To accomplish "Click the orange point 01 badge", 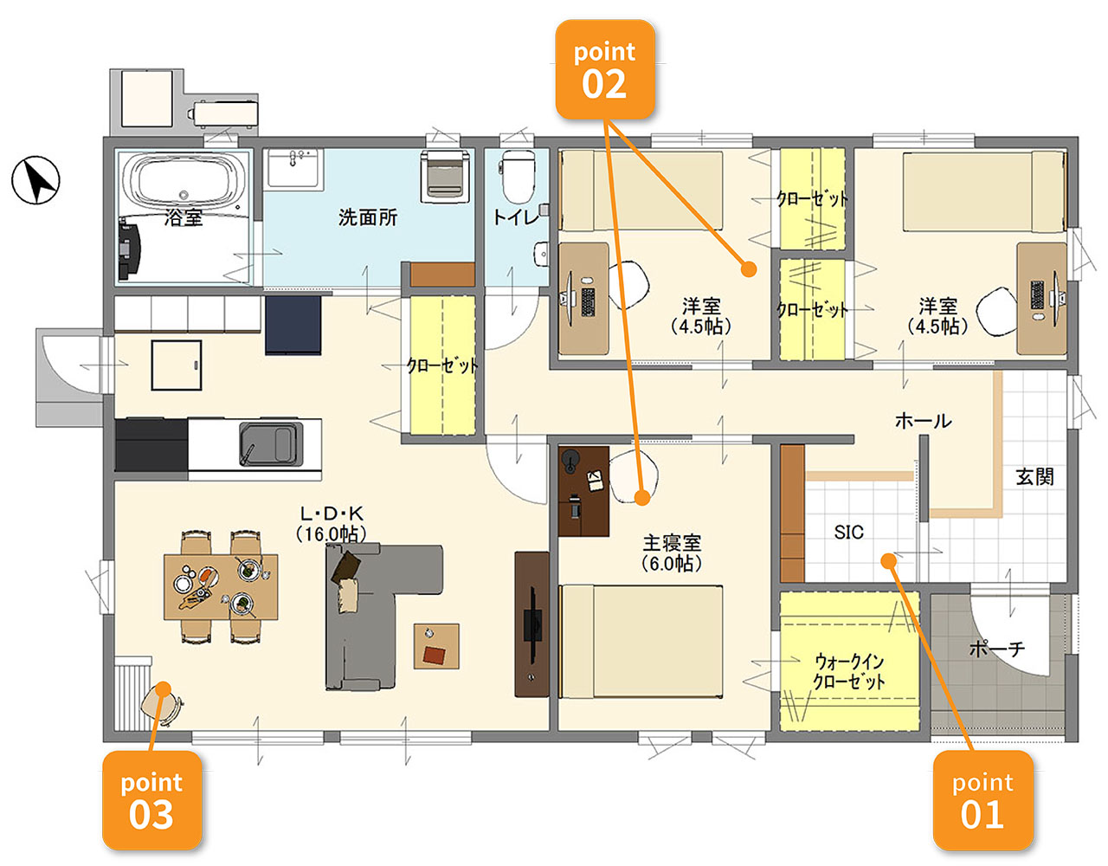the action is coord(982,799).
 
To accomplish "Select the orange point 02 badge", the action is coord(605,69).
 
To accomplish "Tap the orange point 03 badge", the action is coord(152,799).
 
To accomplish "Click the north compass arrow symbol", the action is coord(35,180).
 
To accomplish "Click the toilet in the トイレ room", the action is coord(518,176).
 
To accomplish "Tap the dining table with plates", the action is coord(221,586).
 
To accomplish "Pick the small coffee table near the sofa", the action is coord(436,646).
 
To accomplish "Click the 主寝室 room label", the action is coord(672,543).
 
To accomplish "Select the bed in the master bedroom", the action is coord(641,642).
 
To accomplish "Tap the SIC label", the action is coord(849,533).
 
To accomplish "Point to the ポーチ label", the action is coord(997,649).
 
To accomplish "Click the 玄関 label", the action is coord(1035,477).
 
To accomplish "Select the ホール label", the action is coord(924,421).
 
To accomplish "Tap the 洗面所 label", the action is coord(368,217).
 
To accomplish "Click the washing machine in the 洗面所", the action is coord(445,176).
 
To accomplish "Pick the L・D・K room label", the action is coord(332,513).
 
